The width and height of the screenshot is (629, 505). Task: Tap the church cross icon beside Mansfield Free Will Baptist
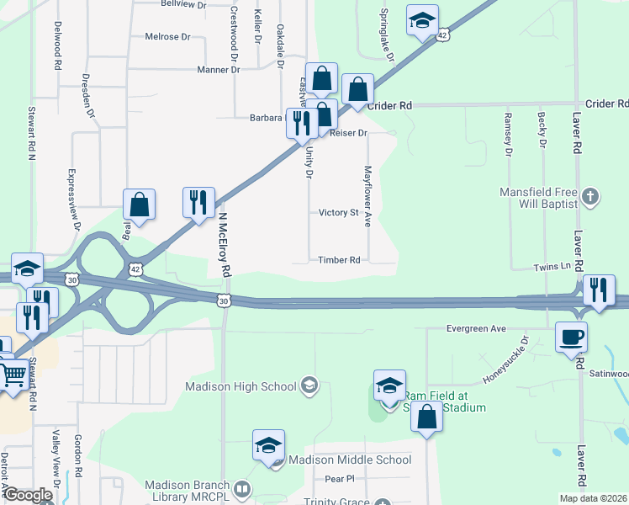[591, 199]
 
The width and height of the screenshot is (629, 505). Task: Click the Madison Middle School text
[349, 460]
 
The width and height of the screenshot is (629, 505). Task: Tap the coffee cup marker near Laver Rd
[572, 337]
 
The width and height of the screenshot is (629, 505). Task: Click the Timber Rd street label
[339, 260]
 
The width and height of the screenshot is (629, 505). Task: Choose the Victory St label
[339, 213]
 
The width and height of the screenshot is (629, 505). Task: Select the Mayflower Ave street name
[367, 195]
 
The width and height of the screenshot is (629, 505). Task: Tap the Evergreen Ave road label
[476, 328]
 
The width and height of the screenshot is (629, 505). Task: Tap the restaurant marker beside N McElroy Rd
[198, 203]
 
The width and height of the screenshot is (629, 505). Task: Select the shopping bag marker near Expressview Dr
[139, 205]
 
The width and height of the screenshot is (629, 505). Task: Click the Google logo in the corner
[28, 495]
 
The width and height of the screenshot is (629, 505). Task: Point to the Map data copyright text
[594, 498]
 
